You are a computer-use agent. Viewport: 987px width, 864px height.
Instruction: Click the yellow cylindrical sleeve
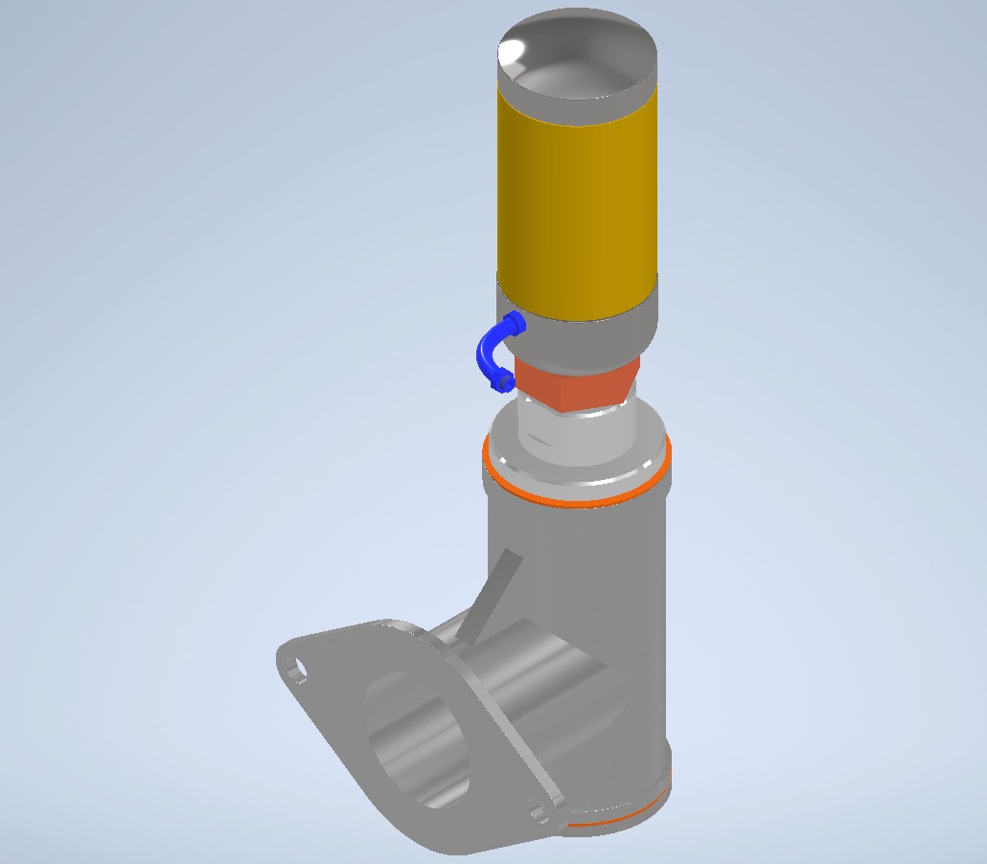point(578,201)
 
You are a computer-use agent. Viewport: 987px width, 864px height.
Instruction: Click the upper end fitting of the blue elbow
point(515,325)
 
